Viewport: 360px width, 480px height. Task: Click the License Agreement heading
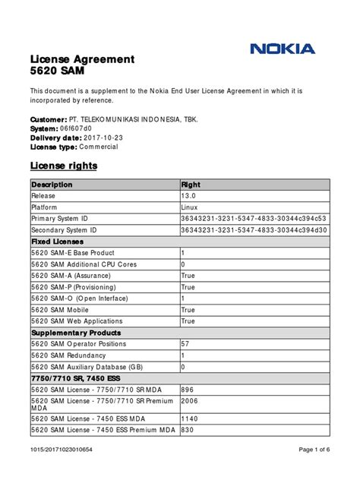82,59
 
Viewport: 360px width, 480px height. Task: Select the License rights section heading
63,166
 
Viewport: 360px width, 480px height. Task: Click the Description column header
52,185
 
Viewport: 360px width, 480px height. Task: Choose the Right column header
191,185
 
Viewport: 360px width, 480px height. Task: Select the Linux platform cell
189,207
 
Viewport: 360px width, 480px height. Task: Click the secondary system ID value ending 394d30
254,229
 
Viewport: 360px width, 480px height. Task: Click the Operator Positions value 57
185,344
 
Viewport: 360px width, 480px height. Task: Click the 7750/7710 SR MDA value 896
188,390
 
